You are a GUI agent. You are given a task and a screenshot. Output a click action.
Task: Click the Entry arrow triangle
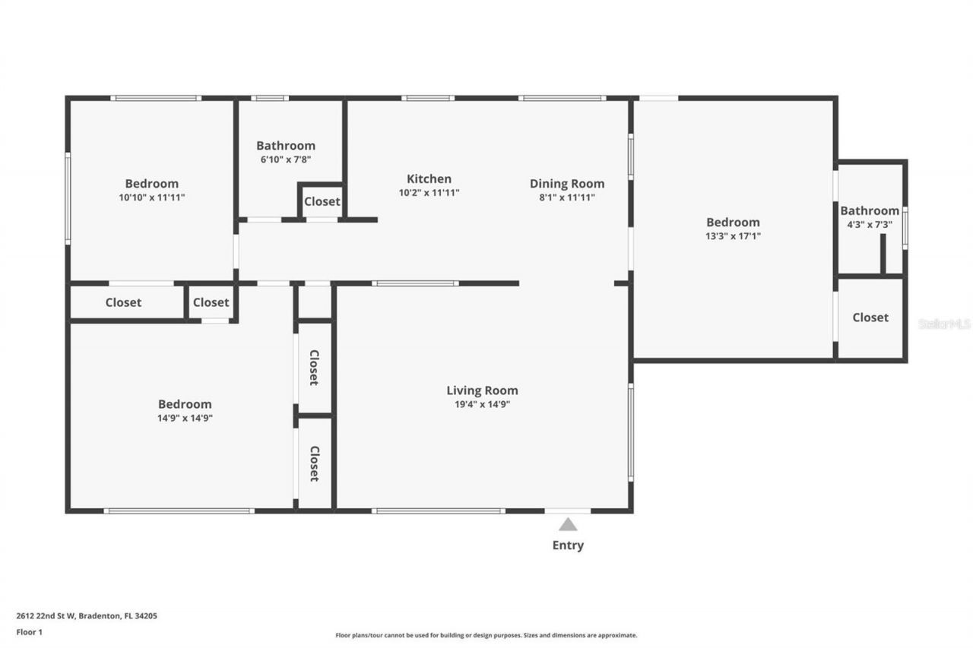click(x=568, y=524)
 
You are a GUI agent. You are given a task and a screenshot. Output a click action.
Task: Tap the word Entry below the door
click(x=568, y=545)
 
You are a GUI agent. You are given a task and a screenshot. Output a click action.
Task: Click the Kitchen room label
click(x=429, y=179)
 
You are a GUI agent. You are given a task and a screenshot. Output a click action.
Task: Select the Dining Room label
click(x=567, y=183)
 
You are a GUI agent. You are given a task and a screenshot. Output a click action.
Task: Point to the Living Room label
click(x=482, y=390)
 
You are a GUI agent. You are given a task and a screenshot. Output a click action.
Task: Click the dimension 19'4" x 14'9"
click(x=482, y=404)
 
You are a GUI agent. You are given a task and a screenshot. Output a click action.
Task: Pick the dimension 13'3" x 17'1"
click(x=733, y=236)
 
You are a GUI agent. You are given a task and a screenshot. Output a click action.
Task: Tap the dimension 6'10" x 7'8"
click(x=285, y=160)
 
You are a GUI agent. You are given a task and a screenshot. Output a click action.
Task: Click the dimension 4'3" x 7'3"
click(x=870, y=225)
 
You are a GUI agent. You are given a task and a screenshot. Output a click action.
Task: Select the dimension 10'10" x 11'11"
click(x=151, y=197)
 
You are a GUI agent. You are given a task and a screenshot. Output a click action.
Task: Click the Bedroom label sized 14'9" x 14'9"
click(x=185, y=404)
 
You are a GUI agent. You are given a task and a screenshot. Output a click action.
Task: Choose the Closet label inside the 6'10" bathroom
click(x=322, y=201)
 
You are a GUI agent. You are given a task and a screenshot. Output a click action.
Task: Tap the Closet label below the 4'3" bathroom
click(x=870, y=318)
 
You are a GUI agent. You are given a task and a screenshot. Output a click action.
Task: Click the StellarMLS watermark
click(x=944, y=324)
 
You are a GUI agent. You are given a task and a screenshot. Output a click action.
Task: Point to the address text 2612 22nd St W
click(x=87, y=616)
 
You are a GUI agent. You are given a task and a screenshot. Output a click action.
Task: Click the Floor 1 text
click(x=30, y=631)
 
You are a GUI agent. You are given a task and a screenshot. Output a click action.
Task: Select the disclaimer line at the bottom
click(x=486, y=635)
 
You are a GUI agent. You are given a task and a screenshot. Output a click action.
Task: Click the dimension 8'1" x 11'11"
click(x=567, y=197)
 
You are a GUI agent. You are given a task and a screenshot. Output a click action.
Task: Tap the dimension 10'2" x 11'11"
click(x=429, y=192)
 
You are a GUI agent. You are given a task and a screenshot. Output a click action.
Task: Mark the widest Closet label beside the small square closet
click(x=123, y=302)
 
